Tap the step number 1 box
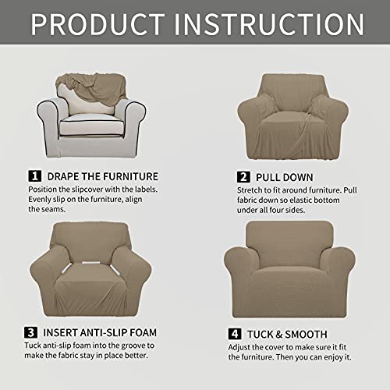(x=34, y=176)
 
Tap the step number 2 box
(x=243, y=176)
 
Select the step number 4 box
(x=233, y=332)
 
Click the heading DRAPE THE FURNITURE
(x=101, y=176)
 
